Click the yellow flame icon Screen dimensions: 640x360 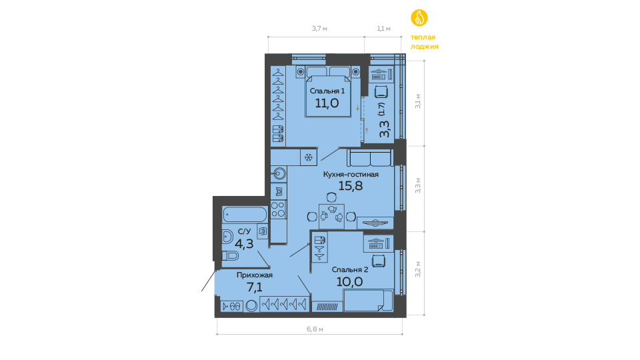(x=419, y=17)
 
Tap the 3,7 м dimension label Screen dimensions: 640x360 (x=319, y=29)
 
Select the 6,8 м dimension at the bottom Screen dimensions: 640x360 (x=315, y=329)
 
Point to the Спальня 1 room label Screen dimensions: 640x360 (x=327, y=91)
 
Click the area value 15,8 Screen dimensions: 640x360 (x=351, y=186)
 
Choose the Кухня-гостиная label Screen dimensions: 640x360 (x=351, y=174)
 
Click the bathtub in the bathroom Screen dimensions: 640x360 (x=245, y=214)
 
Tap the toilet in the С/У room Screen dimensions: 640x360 (x=230, y=255)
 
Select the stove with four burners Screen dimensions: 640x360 (x=279, y=209)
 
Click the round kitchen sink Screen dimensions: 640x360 (x=279, y=174)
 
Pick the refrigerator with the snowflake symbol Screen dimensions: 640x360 (x=309, y=157)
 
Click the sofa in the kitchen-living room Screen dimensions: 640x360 (x=371, y=157)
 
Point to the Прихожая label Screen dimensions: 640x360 (x=255, y=275)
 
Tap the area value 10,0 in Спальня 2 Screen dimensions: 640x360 (x=350, y=281)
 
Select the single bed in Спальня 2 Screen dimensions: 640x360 (x=368, y=301)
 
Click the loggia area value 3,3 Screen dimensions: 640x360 (x=385, y=129)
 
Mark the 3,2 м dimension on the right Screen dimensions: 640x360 (x=418, y=269)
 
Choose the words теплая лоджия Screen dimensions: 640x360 (x=425, y=41)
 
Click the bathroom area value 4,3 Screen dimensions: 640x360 (x=244, y=244)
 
